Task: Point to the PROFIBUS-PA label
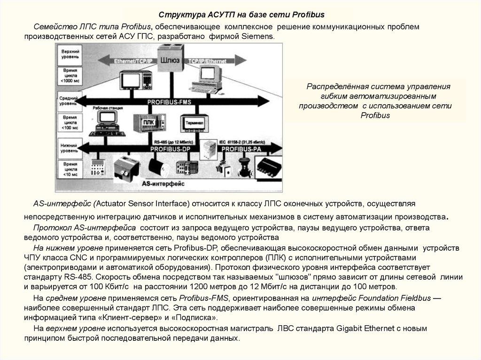point(241,149)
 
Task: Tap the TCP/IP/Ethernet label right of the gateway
point(208,61)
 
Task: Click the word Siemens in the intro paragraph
point(257,36)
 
